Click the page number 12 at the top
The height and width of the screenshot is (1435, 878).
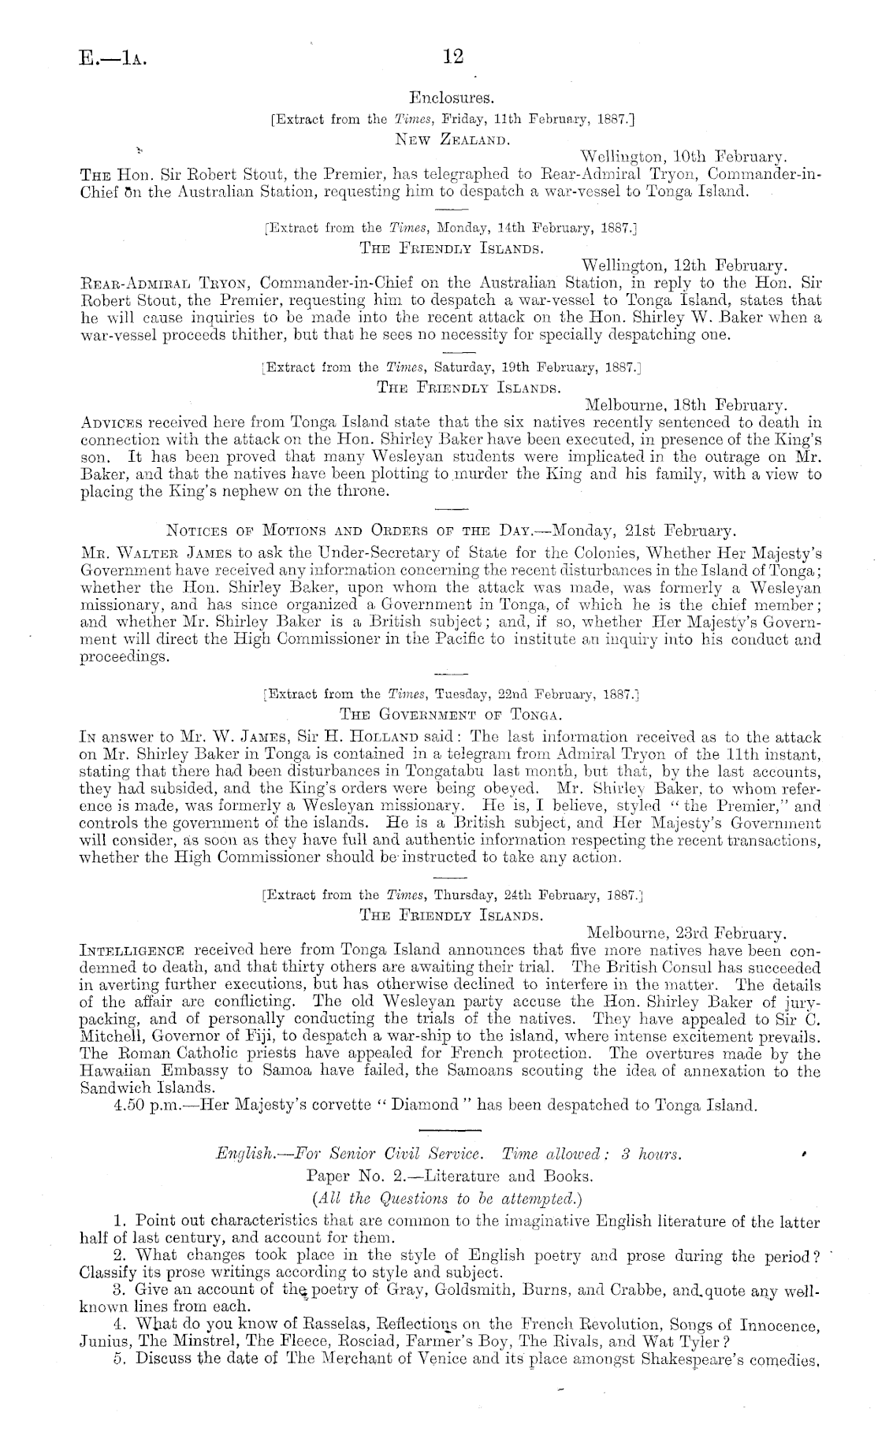tap(454, 57)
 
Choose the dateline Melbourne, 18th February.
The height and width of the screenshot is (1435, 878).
tap(686, 405)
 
